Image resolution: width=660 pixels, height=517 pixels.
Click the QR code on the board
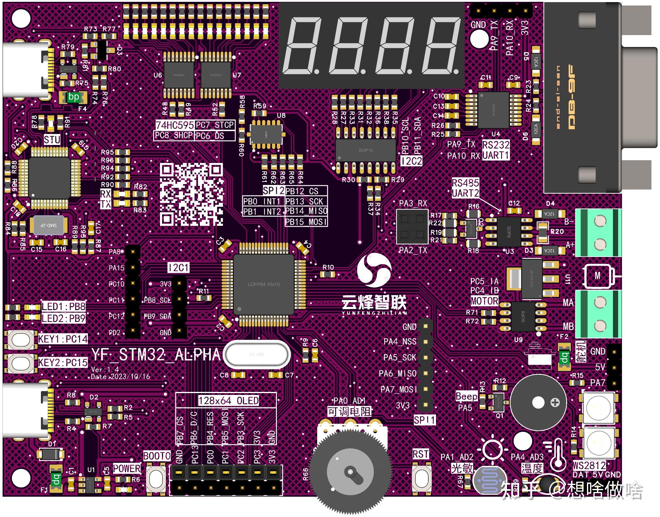(x=191, y=194)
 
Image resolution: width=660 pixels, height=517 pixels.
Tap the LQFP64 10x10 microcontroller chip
(x=263, y=284)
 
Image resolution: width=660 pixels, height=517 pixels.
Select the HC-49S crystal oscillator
(x=256, y=354)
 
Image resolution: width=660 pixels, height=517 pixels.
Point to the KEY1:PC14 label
(x=63, y=339)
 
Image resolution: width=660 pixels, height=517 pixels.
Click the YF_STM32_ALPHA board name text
(x=156, y=355)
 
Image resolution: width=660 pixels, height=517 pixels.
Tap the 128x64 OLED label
(x=228, y=400)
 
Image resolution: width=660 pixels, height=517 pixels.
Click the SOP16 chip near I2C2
(x=365, y=150)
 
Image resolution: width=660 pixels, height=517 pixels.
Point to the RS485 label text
(x=465, y=183)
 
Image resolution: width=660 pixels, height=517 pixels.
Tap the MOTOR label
(x=484, y=301)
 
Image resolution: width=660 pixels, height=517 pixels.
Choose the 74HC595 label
(x=174, y=125)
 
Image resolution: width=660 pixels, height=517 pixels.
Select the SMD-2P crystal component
(x=49, y=225)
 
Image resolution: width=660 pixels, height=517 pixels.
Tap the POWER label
(x=127, y=468)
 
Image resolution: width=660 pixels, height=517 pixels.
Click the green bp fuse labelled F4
(x=73, y=97)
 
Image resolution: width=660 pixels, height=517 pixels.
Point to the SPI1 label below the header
(x=424, y=420)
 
